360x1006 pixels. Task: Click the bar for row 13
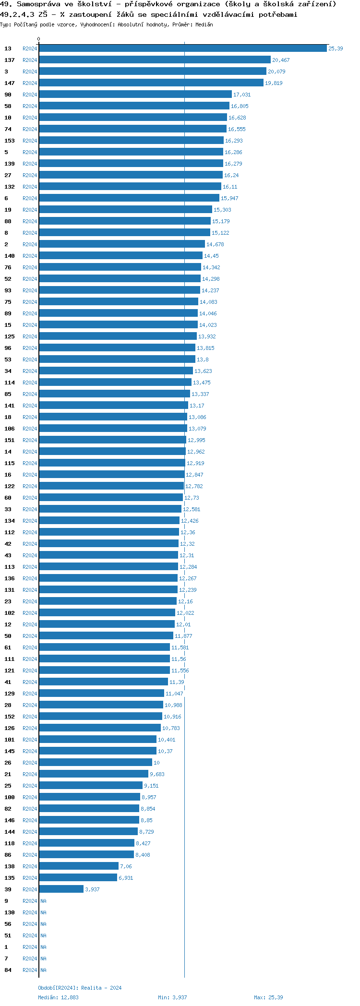coord(182,48)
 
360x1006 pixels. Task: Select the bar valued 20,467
coord(155,60)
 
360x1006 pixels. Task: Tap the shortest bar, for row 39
coord(61,889)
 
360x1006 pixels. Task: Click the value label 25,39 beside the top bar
coord(336,48)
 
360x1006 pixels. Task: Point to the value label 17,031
coord(242,95)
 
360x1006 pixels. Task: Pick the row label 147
coord(10,83)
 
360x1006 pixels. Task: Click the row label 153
coord(10,141)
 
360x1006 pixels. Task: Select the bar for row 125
coord(118,336)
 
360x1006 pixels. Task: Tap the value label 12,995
coord(196,440)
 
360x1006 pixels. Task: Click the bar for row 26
coord(95,763)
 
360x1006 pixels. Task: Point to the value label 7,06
coord(126,866)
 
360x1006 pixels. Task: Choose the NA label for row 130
coord(43,912)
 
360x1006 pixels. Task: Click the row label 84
coord(8,970)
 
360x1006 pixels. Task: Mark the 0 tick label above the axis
coord(39,39)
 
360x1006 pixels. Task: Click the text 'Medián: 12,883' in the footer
coord(58,997)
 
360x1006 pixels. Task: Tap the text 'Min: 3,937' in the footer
coord(172,997)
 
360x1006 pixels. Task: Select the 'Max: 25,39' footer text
coord(268,997)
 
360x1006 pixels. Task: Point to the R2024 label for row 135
coord(30,878)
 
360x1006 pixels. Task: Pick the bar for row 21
coord(94,774)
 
